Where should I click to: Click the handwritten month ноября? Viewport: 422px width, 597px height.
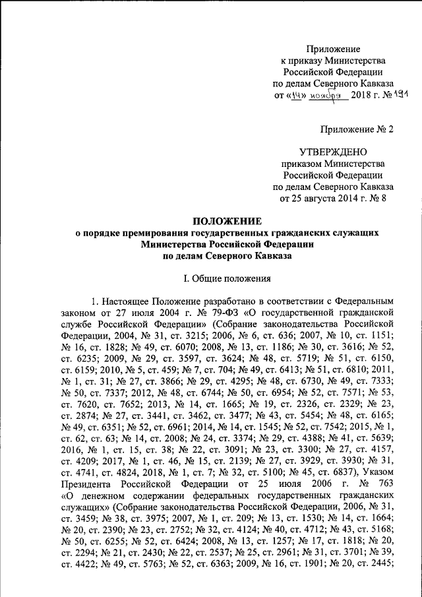(x=329, y=96)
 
